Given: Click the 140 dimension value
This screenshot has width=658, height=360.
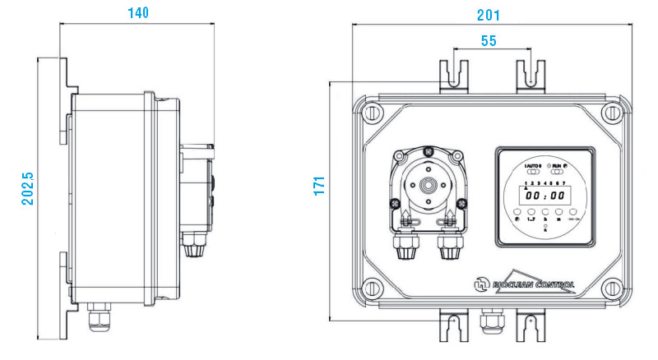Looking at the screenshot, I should pyautogui.click(x=138, y=13).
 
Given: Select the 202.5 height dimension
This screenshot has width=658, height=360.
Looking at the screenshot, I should pyautogui.click(x=27, y=187).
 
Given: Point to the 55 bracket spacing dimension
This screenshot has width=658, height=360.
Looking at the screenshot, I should pyautogui.click(x=489, y=41).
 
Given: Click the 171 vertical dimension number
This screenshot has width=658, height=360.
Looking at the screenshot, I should pyautogui.click(x=320, y=185).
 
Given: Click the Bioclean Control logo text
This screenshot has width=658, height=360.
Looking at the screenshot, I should pyautogui.click(x=531, y=284).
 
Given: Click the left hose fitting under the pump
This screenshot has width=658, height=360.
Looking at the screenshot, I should pyautogui.click(x=405, y=247).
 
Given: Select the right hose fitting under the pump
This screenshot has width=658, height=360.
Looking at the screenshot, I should pyautogui.click(x=450, y=247).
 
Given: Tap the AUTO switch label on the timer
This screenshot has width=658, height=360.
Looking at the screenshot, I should pyautogui.click(x=533, y=167).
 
